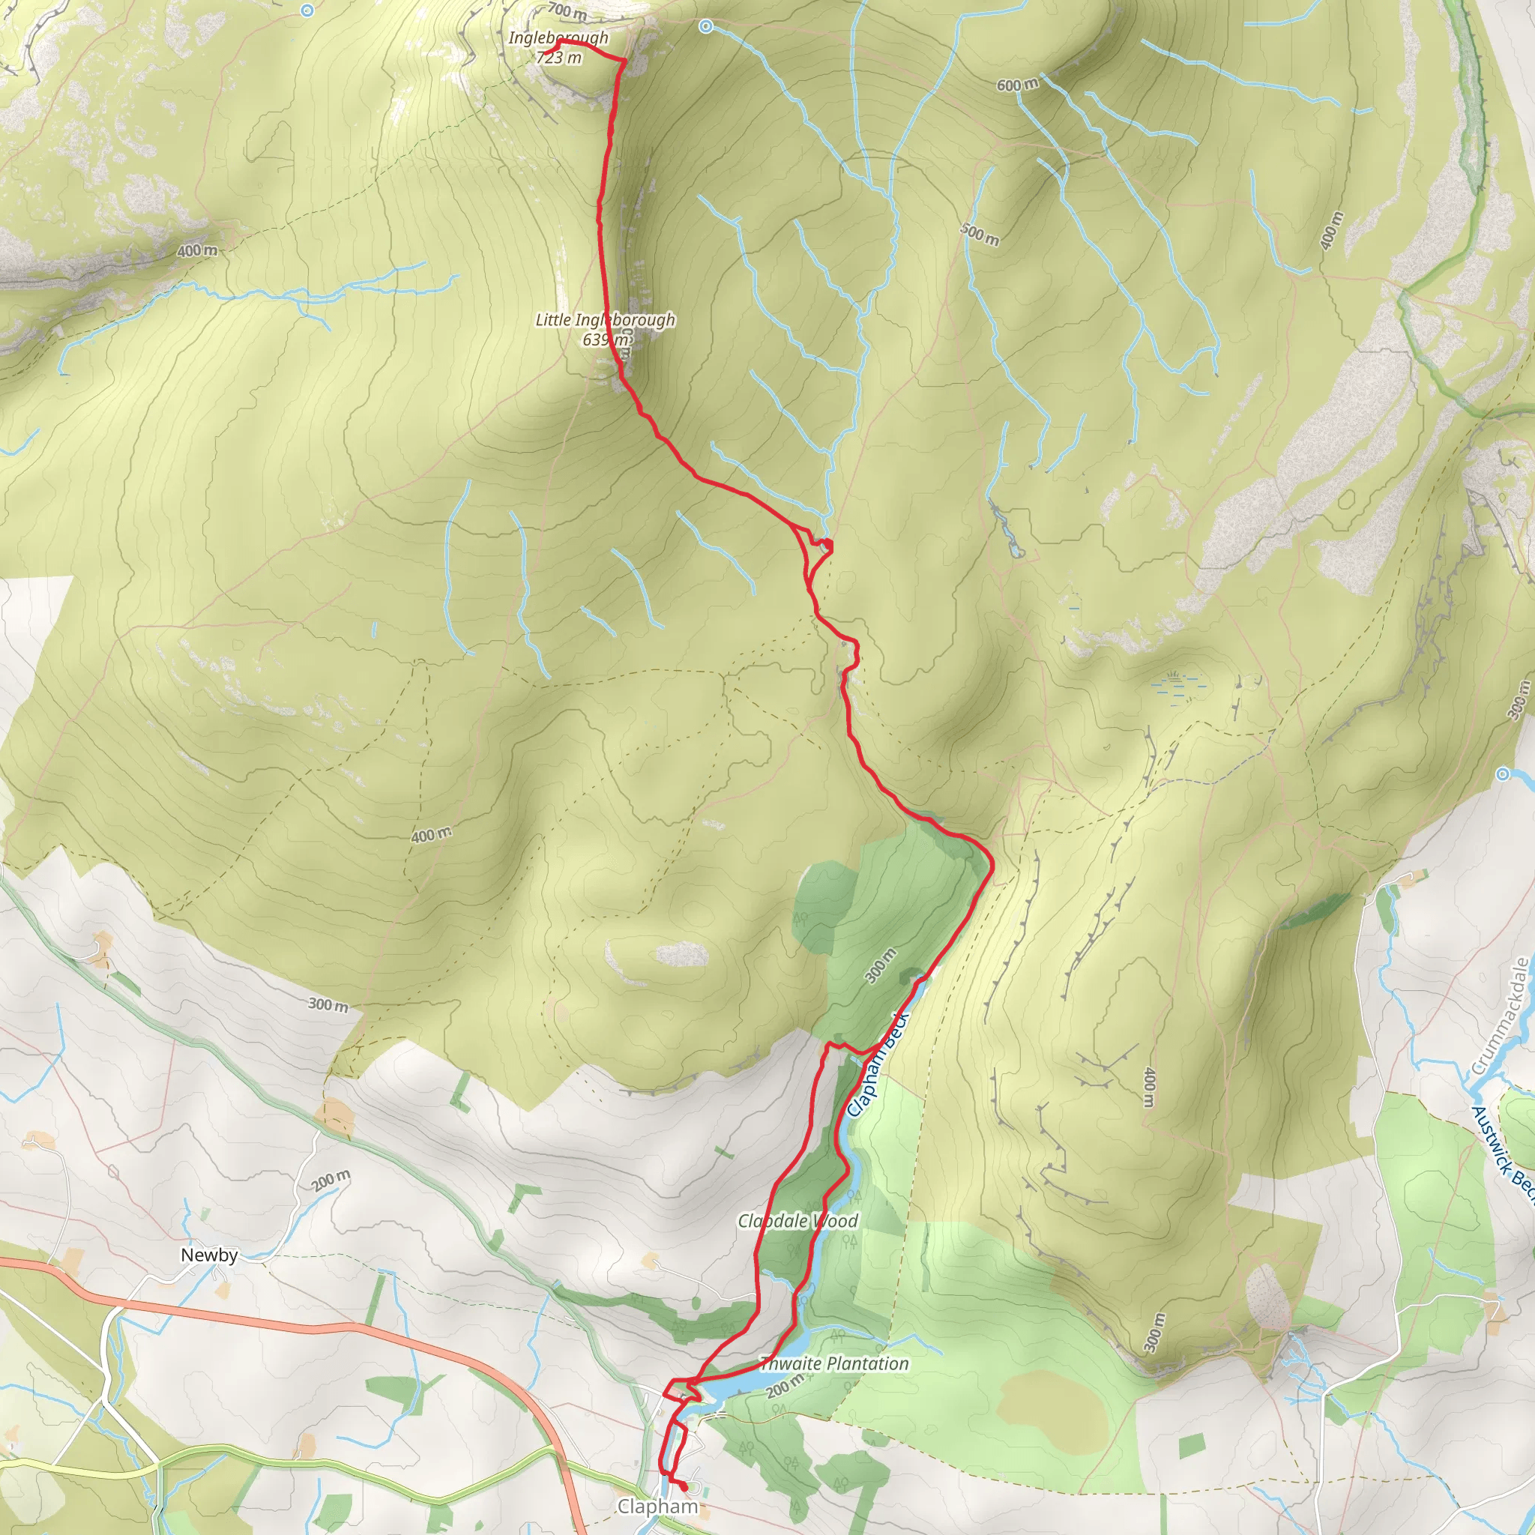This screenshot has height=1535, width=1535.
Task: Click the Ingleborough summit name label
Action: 558,37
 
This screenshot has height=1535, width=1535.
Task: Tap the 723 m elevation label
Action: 559,57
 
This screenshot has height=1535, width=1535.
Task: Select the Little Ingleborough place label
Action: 605,319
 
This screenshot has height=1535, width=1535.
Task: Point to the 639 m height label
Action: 606,340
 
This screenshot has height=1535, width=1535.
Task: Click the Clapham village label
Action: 658,1507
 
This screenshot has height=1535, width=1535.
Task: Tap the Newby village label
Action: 209,1255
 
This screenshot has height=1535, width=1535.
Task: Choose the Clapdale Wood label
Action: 797,1220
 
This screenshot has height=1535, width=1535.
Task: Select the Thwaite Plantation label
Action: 833,1363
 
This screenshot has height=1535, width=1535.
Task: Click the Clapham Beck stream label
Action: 877,1064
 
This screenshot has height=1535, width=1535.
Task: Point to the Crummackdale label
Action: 1500,1017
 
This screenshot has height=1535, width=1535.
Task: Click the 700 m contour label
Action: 567,11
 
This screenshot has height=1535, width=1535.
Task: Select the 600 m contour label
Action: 1017,85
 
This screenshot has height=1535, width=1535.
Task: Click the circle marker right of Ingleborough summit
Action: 705,27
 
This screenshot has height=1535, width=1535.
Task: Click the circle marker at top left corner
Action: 307,10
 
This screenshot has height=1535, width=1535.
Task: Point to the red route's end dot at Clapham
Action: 683,1485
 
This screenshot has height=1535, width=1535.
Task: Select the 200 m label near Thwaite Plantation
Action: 782,1387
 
